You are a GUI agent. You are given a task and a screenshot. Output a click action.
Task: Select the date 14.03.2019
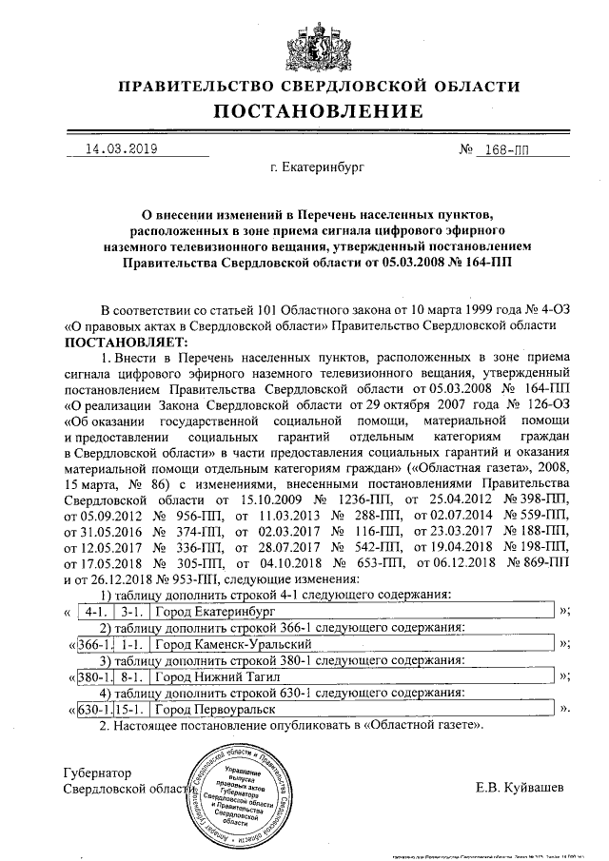click(x=122, y=149)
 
